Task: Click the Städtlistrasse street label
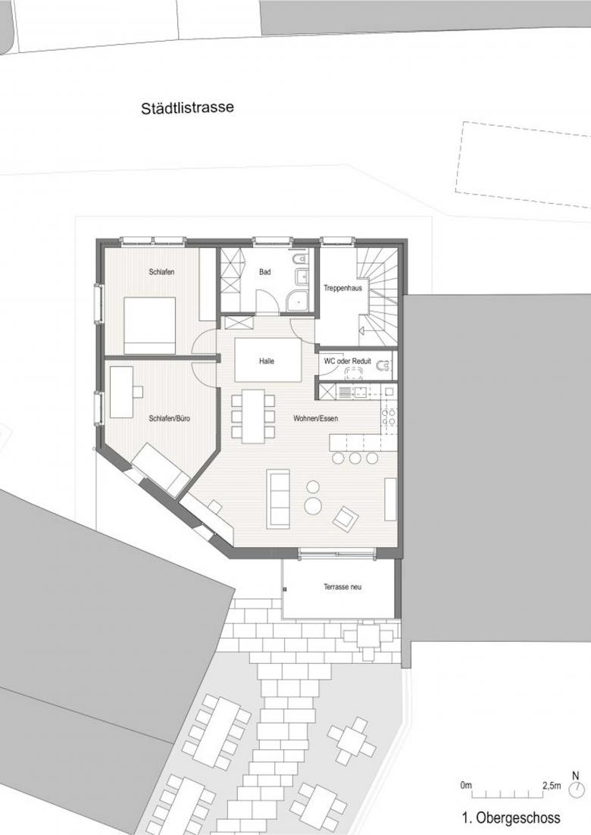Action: point(187,108)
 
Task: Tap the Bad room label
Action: point(264,272)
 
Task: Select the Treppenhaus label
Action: point(343,288)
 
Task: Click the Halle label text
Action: point(267,361)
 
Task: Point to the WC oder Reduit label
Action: point(348,361)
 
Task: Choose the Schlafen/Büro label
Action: point(169,418)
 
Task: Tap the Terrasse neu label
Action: point(342,586)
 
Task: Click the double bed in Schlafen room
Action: point(149,325)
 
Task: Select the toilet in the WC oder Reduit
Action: point(383,366)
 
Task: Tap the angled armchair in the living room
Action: point(346,518)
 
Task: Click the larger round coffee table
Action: point(312,506)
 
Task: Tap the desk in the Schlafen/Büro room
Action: point(122,392)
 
